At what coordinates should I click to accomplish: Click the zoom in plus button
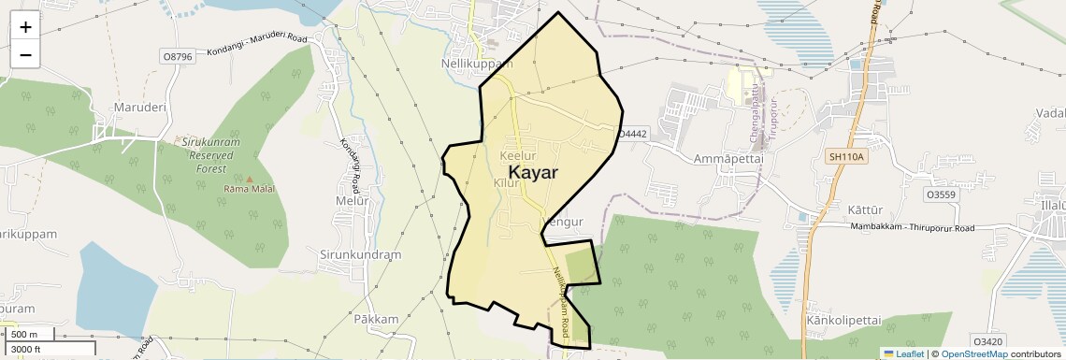pos(25,26)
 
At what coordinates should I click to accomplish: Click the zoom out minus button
pos(25,54)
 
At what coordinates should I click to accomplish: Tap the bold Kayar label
pos(533,173)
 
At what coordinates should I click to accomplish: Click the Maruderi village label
pos(139,108)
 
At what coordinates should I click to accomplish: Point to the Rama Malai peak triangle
pos(250,178)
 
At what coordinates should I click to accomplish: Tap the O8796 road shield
pos(177,56)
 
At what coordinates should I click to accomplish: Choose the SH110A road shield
pos(846,156)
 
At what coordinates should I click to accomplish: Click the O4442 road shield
pos(633,135)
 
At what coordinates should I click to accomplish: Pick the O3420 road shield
pos(987,341)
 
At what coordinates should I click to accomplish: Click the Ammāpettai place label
pos(728,159)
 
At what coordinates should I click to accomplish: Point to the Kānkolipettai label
pos(843,320)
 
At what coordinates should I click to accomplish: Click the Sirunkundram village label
pos(360,254)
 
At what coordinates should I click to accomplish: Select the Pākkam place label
pos(376,319)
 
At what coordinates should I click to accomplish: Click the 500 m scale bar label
pos(25,335)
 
